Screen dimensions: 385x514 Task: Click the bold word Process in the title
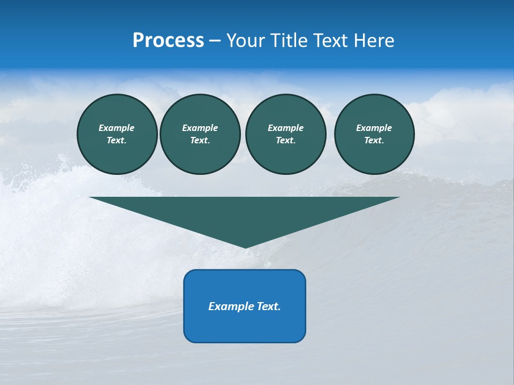(168, 41)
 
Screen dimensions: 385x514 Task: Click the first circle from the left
(117, 134)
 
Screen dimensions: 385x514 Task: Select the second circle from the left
(200, 134)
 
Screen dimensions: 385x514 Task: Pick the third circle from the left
(285, 134)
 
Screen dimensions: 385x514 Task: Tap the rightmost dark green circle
(374, 134)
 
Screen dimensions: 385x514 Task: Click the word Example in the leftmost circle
(117, 128)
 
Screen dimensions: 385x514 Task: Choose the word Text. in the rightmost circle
(374, 141)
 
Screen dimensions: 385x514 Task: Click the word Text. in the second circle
(200, 141)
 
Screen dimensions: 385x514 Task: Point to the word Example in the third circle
(285, 128)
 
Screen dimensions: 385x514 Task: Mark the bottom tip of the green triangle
(245, 247)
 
